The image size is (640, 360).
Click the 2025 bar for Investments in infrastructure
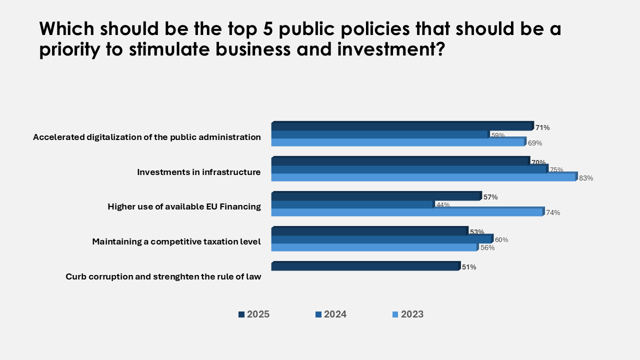point(400,161)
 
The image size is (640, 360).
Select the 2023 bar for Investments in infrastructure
point(423,177)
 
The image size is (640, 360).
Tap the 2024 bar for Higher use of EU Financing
point(352,204)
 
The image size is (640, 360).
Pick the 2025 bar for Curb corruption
point(365,267)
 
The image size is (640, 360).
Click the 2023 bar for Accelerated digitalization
point(397,142)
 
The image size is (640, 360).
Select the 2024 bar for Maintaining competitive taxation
point(381,239)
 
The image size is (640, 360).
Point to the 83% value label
point(586,178)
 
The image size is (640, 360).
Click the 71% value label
point(542,127)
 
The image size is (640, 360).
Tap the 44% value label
point(443,204)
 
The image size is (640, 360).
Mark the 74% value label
point(553,212)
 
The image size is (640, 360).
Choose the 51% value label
point(469,267)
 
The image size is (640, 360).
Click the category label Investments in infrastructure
point(199,172)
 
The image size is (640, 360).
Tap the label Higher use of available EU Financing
point(184,206)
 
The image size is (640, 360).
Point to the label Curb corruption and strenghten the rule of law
point(163,276)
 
